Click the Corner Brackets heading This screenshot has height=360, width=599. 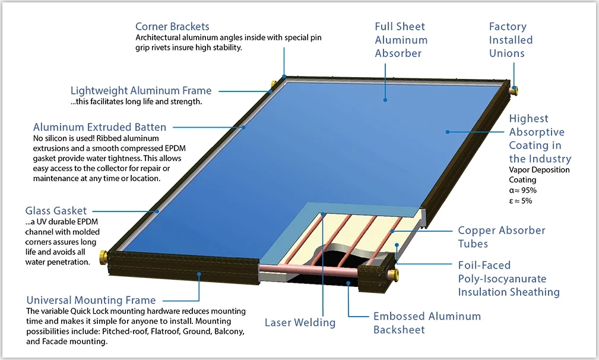(172, 27)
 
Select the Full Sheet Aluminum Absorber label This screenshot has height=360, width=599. (401, 40)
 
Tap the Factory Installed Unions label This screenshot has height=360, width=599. (511, 40)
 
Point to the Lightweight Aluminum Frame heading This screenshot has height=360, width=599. (141, 91)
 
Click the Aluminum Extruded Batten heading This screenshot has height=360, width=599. (100, 127)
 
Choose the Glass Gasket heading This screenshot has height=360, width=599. (56, 211)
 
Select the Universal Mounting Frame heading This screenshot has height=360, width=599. (91, 301)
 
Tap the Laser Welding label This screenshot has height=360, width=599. (300, 323)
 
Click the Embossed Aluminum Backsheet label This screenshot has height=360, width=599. (427, 323)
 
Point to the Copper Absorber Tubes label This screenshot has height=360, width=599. (501, 237)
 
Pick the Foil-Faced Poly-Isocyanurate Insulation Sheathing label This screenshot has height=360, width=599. (508, 279)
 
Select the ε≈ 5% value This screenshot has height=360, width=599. (521, 201)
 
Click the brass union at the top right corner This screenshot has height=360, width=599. (514, 90)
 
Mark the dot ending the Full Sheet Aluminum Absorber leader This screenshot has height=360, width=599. (385, 100)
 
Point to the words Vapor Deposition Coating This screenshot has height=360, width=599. (539, 175)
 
